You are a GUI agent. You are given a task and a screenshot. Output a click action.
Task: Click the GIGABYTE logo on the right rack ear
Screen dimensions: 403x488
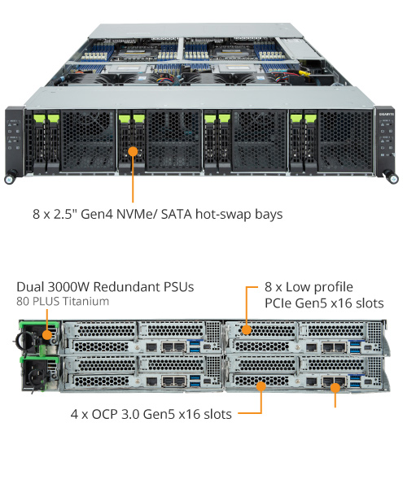click(x=386, y=114)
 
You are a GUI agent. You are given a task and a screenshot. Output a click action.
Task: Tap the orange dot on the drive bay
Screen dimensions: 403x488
click(x=133, y=151)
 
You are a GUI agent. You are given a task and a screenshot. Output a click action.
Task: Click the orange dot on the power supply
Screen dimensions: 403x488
click(x=47, y=334)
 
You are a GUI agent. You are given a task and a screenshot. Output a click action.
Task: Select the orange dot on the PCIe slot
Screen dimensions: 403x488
click(x=247, y=330)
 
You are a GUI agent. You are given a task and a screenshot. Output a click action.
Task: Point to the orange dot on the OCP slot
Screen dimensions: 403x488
click(x=261, y=386)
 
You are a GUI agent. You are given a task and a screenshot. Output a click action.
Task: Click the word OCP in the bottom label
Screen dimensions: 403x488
click(x=104, y=414)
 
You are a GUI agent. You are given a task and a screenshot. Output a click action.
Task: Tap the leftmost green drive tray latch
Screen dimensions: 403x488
click(x=39, y=118)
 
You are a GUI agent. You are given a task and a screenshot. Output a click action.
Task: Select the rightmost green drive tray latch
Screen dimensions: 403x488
click(x=310, y=118)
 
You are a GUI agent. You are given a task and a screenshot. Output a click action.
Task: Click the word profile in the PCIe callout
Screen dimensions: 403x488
click(x=333, y=287)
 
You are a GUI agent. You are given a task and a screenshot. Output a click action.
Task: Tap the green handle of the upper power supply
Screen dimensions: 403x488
click(x=38, y=324)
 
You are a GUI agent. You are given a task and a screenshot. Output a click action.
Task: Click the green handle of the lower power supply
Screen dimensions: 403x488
click(x=39, y=359)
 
